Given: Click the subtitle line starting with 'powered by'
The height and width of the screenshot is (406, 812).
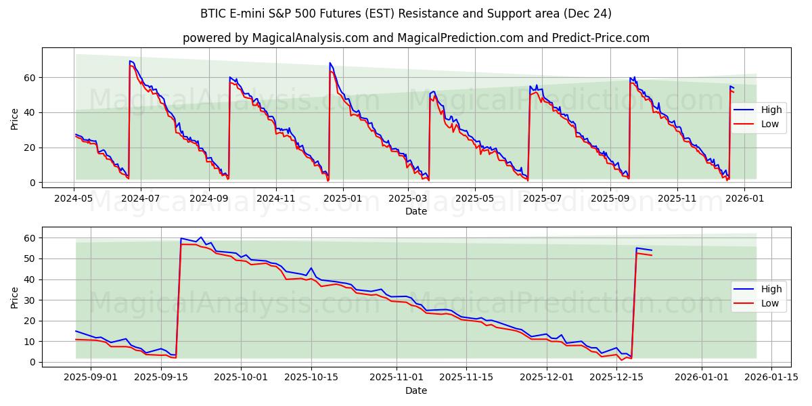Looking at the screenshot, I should pos(415,38).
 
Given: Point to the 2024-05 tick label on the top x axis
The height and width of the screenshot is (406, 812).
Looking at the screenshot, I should pos(74,198).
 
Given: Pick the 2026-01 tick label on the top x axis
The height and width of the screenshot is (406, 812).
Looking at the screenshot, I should pos(744,198).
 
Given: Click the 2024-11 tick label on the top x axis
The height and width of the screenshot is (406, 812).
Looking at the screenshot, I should pos(276,198).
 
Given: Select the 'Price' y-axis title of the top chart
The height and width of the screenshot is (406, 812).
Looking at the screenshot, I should pos(15,119).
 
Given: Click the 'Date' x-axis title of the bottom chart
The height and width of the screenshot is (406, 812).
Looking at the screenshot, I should pos(415,390).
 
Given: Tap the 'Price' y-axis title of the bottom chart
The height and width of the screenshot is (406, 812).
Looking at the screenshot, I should pos(15,298).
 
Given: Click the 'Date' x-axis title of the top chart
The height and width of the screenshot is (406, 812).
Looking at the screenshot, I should pos(415,211).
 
